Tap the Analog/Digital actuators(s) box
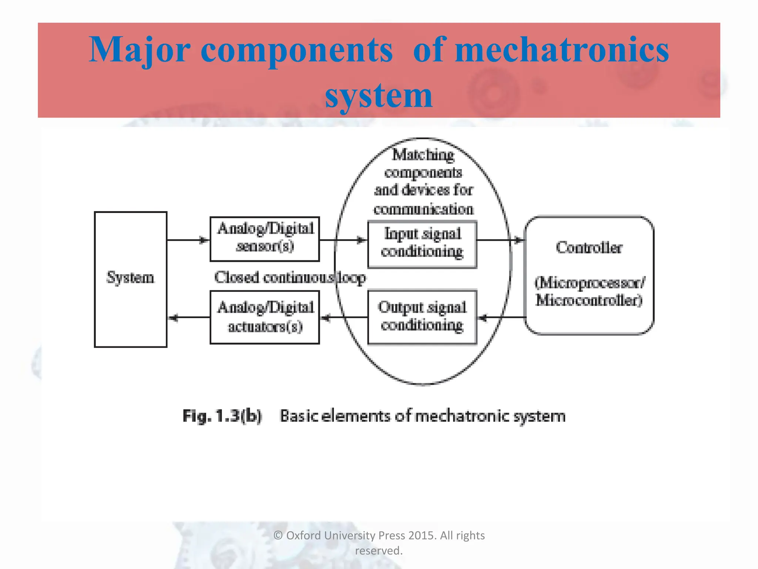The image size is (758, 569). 265,317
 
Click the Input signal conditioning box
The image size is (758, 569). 422,244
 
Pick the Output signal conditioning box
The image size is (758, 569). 422,317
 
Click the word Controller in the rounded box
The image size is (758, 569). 589,247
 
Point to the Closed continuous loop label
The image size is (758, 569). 290,277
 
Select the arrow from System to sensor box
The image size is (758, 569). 188,240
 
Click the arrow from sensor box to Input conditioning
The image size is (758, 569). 343,240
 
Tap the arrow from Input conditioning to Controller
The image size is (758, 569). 500,240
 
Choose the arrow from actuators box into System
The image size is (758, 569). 188,317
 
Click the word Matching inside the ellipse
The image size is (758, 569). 423,155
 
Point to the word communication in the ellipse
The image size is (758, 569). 423,209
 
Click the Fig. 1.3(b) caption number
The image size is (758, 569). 222,416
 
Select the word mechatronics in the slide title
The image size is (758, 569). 562,50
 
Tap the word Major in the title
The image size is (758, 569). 140,50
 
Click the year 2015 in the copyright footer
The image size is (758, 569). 422,535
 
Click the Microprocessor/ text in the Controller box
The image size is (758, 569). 590,283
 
